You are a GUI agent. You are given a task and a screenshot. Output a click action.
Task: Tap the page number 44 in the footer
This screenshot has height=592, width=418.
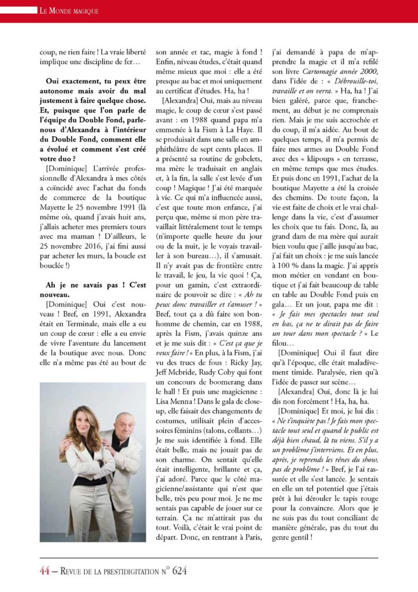44,571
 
